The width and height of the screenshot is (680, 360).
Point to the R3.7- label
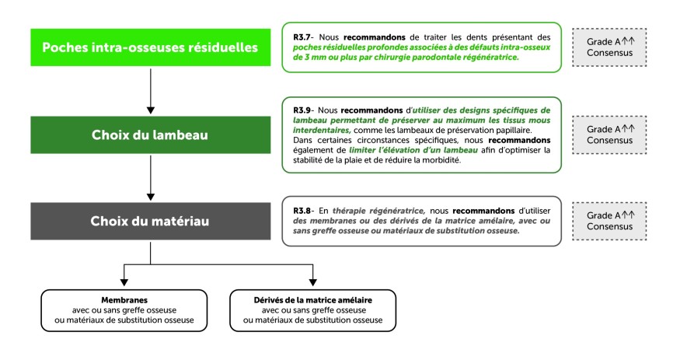303,37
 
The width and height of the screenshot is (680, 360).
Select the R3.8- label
303,210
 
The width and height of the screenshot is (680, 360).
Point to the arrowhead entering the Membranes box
124,285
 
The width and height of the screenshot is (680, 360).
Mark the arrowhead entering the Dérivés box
313,285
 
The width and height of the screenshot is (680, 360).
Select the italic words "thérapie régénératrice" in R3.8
363,210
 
